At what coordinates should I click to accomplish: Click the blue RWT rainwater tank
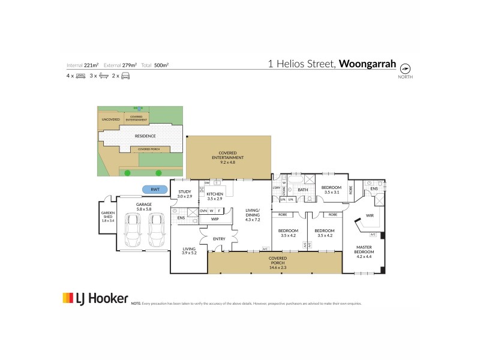pos(155,190)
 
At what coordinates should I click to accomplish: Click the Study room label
pos(184,194)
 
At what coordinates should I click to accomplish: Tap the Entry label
pos(218,239)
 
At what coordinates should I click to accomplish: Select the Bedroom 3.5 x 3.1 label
pos(331,190)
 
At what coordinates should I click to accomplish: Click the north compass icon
pos(405,67)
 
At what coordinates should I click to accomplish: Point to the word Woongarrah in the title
pos(367,63)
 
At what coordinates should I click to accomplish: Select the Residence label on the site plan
pos(145,136)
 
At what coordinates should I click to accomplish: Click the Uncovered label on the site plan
pos(110,119)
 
